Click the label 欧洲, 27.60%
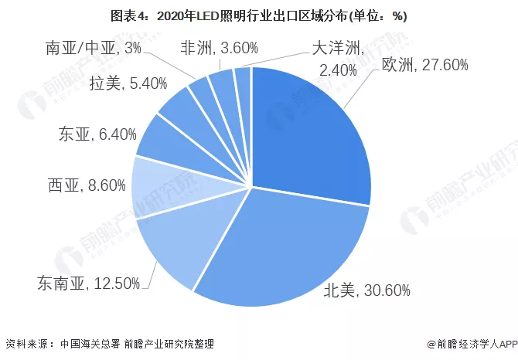pos(424,66)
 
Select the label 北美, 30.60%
pos(368,290)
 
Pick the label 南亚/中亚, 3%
pos(93,49)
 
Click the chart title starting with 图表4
pos(259,15)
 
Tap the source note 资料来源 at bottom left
pos(109,344)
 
